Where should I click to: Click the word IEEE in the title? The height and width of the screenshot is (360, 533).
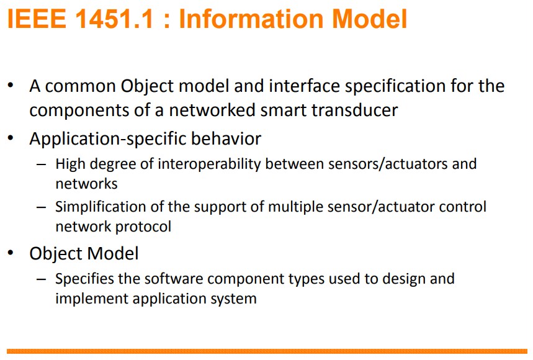tap(37, 19)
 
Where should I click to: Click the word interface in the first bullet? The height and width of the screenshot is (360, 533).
tap(305, 86)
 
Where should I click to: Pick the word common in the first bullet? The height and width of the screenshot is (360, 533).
tap(81, 86)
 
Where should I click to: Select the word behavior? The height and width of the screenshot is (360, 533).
tap(226, 138)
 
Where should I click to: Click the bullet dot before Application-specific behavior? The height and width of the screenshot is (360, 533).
tap(11, 138)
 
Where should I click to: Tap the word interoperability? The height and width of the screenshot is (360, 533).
tap(209, 164)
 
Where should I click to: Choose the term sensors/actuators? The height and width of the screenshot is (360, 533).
tap(388, 164)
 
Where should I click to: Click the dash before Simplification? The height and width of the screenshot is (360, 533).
tap(42, 207)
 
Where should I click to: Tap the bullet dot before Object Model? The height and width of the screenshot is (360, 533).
tap(11, 253)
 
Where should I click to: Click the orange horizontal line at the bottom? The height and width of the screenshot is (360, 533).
tap(267, 351)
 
